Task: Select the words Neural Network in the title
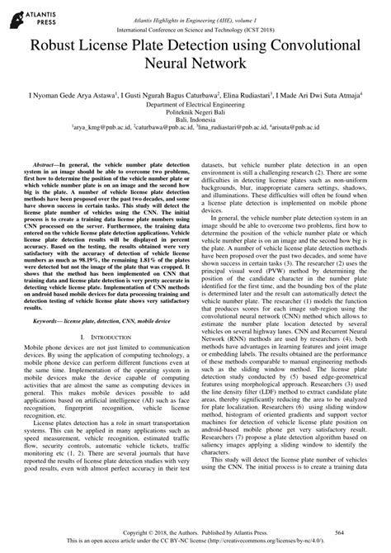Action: [195, 62]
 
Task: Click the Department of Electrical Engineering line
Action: [195, 106]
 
